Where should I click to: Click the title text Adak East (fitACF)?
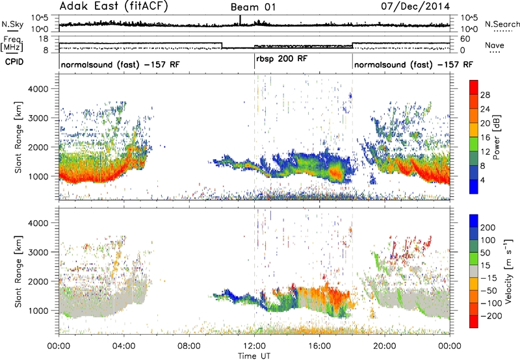(x=113, y=6)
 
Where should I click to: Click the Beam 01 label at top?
(x=253, y=7)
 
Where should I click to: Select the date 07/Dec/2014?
(x=415, y=6)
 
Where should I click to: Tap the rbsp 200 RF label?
(x=282, y=59)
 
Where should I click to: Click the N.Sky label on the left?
(x=12, y=24)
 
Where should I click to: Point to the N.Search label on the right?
(x=502, y=24)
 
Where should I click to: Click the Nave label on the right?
(x=494, y=45)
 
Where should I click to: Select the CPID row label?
(x=14, y=62)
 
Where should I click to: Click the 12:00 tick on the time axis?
(x=254, y=346)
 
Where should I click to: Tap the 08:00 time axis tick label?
(x=189, y=346)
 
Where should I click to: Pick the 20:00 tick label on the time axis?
(x=385, y=346)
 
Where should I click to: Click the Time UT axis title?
(x=254, y=355)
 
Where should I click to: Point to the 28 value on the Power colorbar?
(x=485, y=95)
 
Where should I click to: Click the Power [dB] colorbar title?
(x=497, y=137)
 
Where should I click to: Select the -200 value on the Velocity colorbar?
(x=491, y=316)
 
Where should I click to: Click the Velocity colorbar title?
(x=508, y=271)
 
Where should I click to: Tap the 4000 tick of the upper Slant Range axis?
(x=38, y=89)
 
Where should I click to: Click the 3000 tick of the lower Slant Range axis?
(x=38, y=252)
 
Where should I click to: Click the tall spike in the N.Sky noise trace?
(x=240, y=20)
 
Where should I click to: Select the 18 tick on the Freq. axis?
(x=44, y=39)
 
